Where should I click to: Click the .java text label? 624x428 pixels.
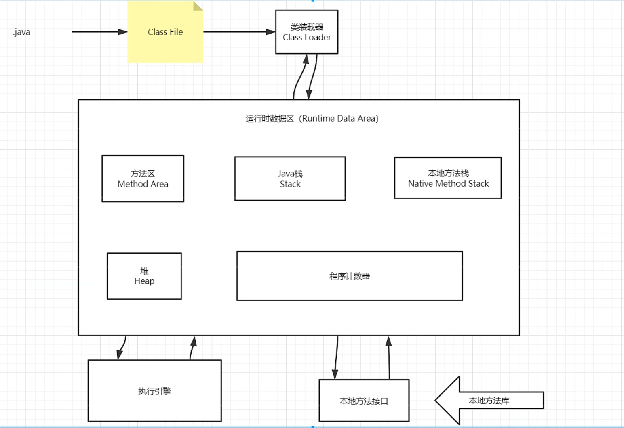click(21, 32)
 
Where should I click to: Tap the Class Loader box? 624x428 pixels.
click(306, 32)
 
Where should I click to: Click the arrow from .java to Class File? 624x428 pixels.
click(99, 32)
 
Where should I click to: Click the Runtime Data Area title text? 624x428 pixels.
click(312, 119)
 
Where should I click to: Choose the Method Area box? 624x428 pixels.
click(143, 178)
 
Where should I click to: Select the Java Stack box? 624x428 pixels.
click(290, 178)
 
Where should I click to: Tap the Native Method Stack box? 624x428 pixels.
click(448, 178)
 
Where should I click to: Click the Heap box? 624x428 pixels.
click(144, 276)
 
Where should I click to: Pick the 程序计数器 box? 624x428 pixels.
click(349, 276)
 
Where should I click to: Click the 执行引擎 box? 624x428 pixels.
click(154, 391)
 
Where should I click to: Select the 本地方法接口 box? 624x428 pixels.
click(364, 401)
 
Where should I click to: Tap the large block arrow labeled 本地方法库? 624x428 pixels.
click(489, 401)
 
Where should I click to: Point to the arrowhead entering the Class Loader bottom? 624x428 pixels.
click(306, 59)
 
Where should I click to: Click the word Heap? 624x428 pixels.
click(144, 281)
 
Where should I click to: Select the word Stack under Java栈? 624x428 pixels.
click(290, 184)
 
